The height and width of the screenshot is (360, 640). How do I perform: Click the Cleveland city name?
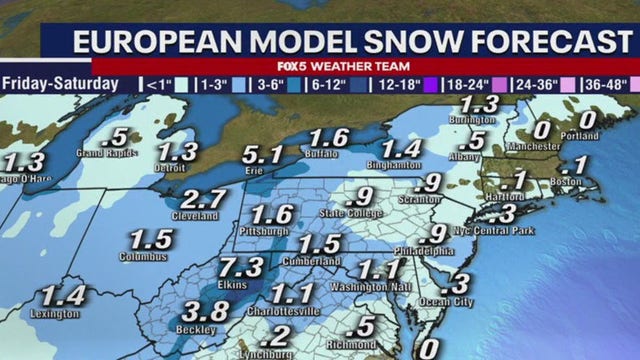pyautogui.click(x=196, y=215)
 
